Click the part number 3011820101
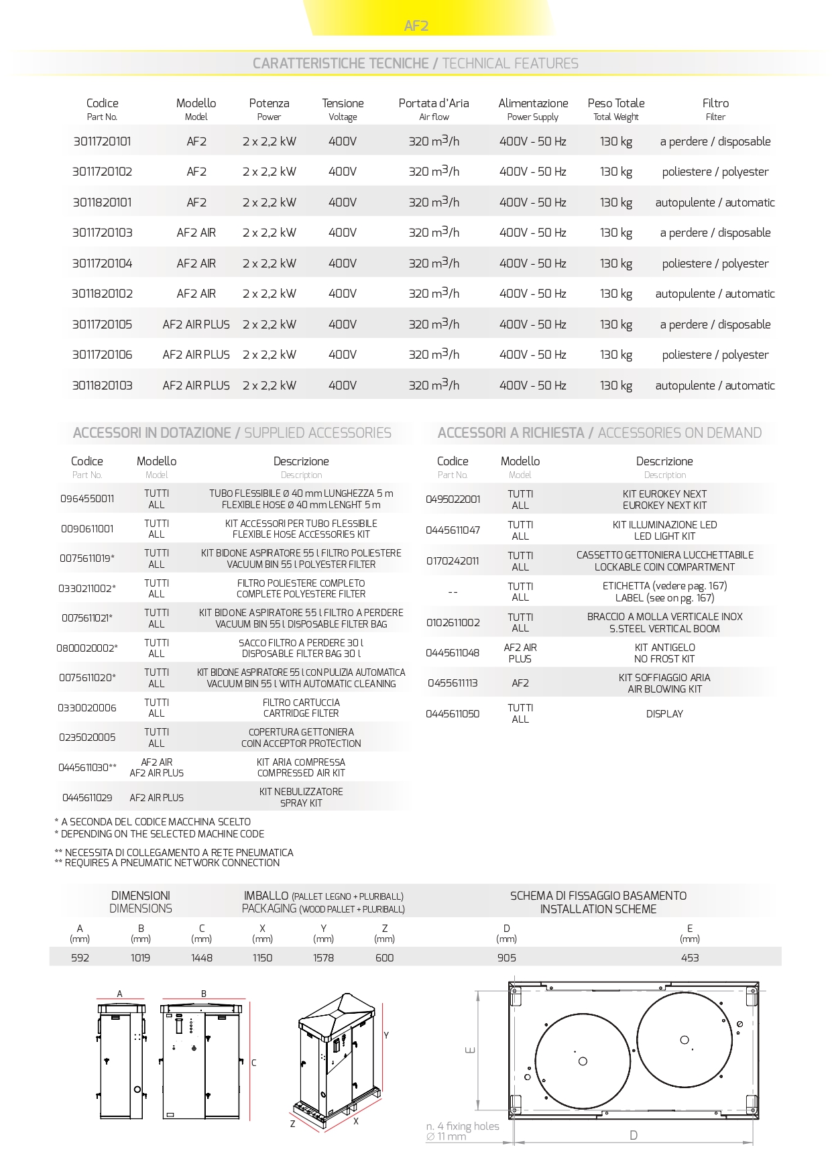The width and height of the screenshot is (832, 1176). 102,202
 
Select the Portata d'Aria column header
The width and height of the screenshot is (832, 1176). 434,103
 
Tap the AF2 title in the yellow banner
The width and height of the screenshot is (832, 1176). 416,26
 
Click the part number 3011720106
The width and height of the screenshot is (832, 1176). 102,355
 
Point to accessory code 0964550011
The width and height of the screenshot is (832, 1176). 87,499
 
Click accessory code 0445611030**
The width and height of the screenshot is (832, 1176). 87,768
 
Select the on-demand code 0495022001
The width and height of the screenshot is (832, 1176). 453,499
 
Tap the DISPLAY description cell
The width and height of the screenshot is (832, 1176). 664,714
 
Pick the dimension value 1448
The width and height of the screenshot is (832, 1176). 202,958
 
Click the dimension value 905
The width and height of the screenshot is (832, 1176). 507,958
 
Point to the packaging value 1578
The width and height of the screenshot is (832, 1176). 323,958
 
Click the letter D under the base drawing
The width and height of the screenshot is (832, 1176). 634,1135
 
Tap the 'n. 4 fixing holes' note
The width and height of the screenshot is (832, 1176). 463,1126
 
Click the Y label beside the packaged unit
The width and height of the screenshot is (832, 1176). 386,1036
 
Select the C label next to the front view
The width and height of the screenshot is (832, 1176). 254,1063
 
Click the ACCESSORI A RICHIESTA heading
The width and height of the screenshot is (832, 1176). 511,433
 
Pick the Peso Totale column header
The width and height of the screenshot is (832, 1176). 616,103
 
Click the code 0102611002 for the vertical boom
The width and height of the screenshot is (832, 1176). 453,623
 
